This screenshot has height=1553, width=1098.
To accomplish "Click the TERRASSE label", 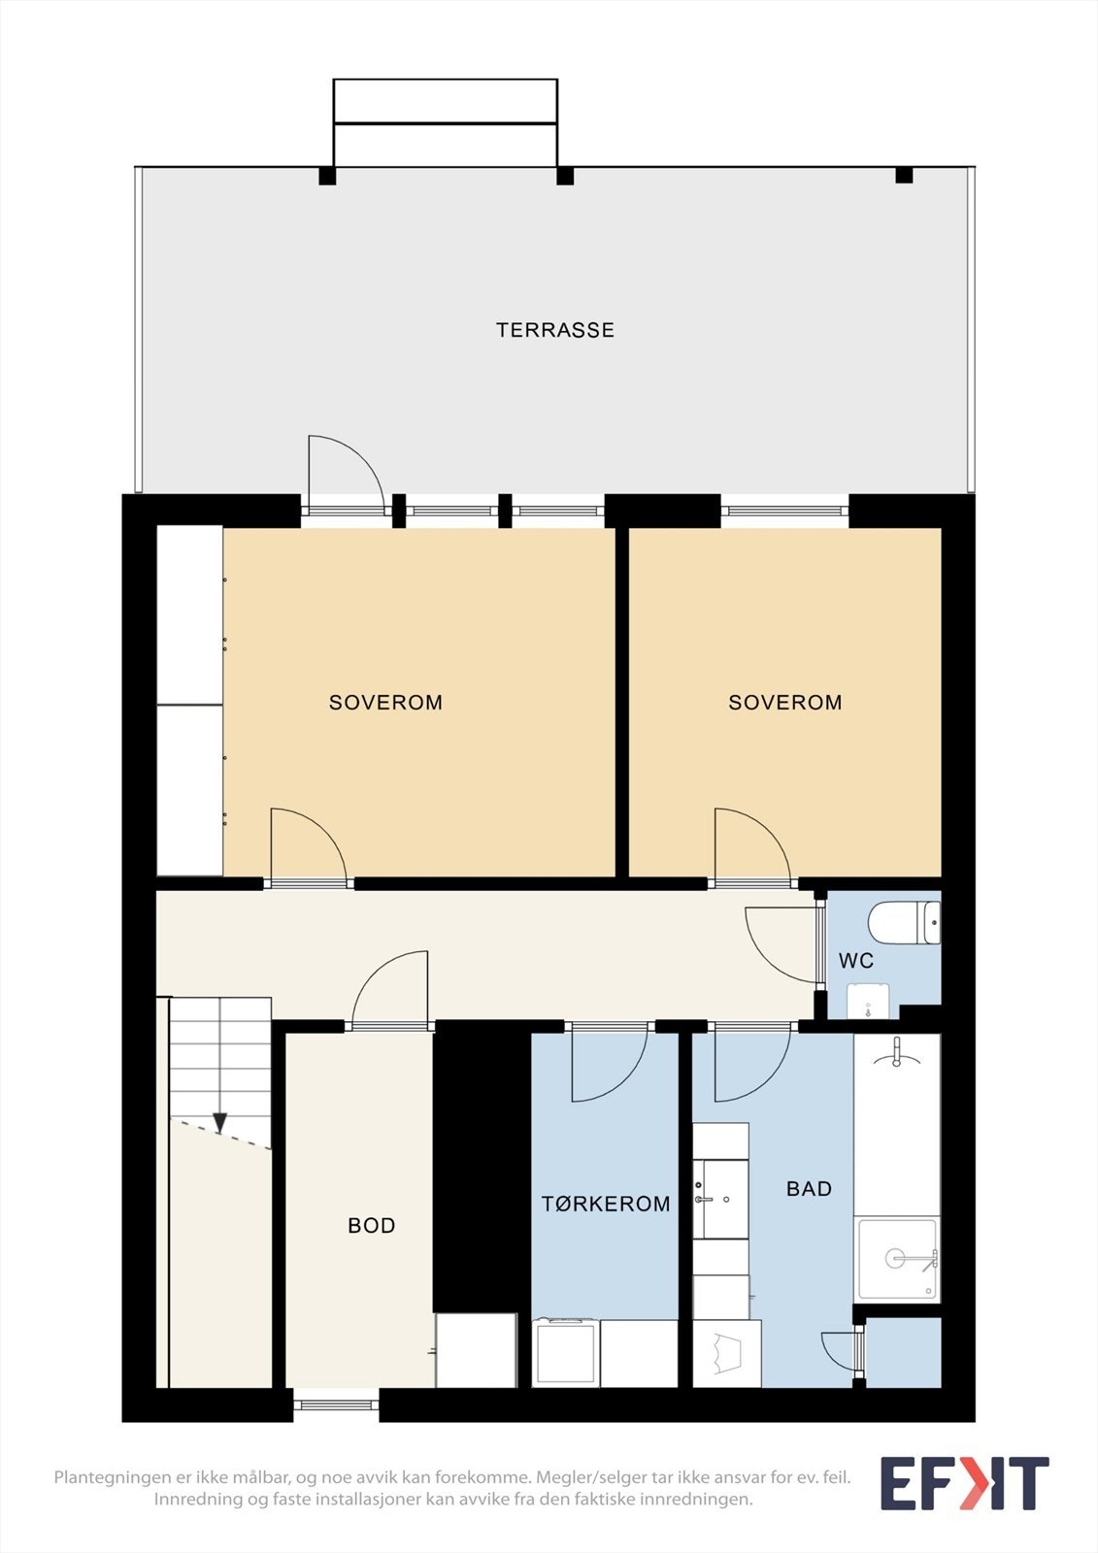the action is pyautogui.click(x=555, y=330).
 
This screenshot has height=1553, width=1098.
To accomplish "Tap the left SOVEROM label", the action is pyautogui.click(x=385, y=703).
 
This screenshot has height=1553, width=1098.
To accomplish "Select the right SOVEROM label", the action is pyautogui.click(x=785, y=703).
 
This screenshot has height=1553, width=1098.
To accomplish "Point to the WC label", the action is pyautogui.click(x=856, y=961).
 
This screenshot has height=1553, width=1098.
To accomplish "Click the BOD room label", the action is pyautogui.click(x=372, y=1226).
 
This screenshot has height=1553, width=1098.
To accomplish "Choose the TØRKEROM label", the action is pyautogui.click(x=606, y=1204).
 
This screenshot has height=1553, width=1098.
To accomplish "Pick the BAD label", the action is pyautogui.click(x=809, y=1189).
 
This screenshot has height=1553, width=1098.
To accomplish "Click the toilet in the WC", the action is pyautogui.click(x=904, y=922).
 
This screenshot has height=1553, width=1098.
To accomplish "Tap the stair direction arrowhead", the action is pyautogui.click(x=219, y=1122).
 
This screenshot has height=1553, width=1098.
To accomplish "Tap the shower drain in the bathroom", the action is pyautogui.click(x=896, y=1257).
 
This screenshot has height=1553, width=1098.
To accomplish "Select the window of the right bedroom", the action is pyautogui.click(x=784, y=511).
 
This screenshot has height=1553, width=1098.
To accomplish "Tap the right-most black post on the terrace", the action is pyautogui.click(x=904, y=175).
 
